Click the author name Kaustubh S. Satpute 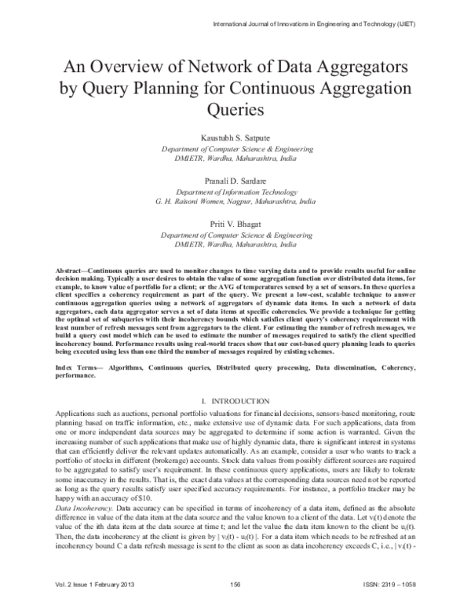click(235, 137)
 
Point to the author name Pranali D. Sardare click(235, 181)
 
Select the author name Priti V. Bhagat click(235, 224)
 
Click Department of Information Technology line click(235, 191)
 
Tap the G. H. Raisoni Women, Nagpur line click(235, 201)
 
